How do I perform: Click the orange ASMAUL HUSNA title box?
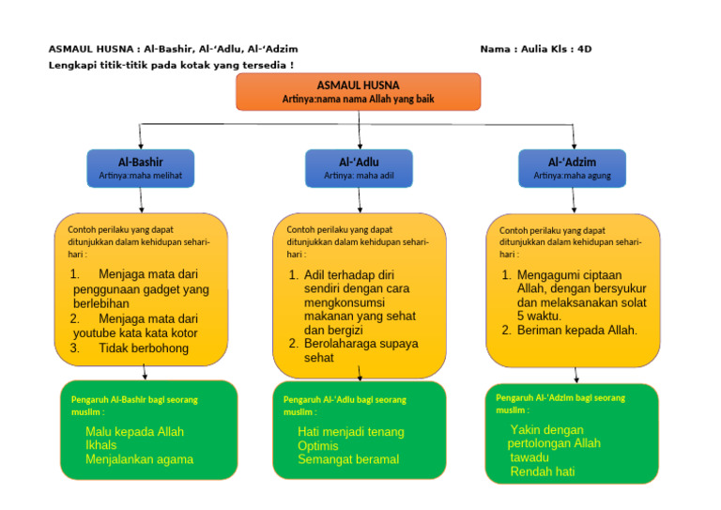358,91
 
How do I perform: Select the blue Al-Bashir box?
140,167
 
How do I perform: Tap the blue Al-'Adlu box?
359,167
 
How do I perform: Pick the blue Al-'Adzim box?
572,167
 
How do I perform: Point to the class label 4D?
584,49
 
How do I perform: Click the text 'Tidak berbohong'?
143,348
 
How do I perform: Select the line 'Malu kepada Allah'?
134,432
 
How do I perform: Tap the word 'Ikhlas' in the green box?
101,445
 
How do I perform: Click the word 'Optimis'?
318,445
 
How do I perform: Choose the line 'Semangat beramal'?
348,459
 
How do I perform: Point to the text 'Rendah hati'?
542,471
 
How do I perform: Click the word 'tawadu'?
529,457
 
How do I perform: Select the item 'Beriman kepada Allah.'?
576,330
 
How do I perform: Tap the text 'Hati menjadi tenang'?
350,432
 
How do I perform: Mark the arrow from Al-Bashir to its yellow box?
141,200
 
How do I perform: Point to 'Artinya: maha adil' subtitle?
359,175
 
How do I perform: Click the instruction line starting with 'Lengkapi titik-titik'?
171,65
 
